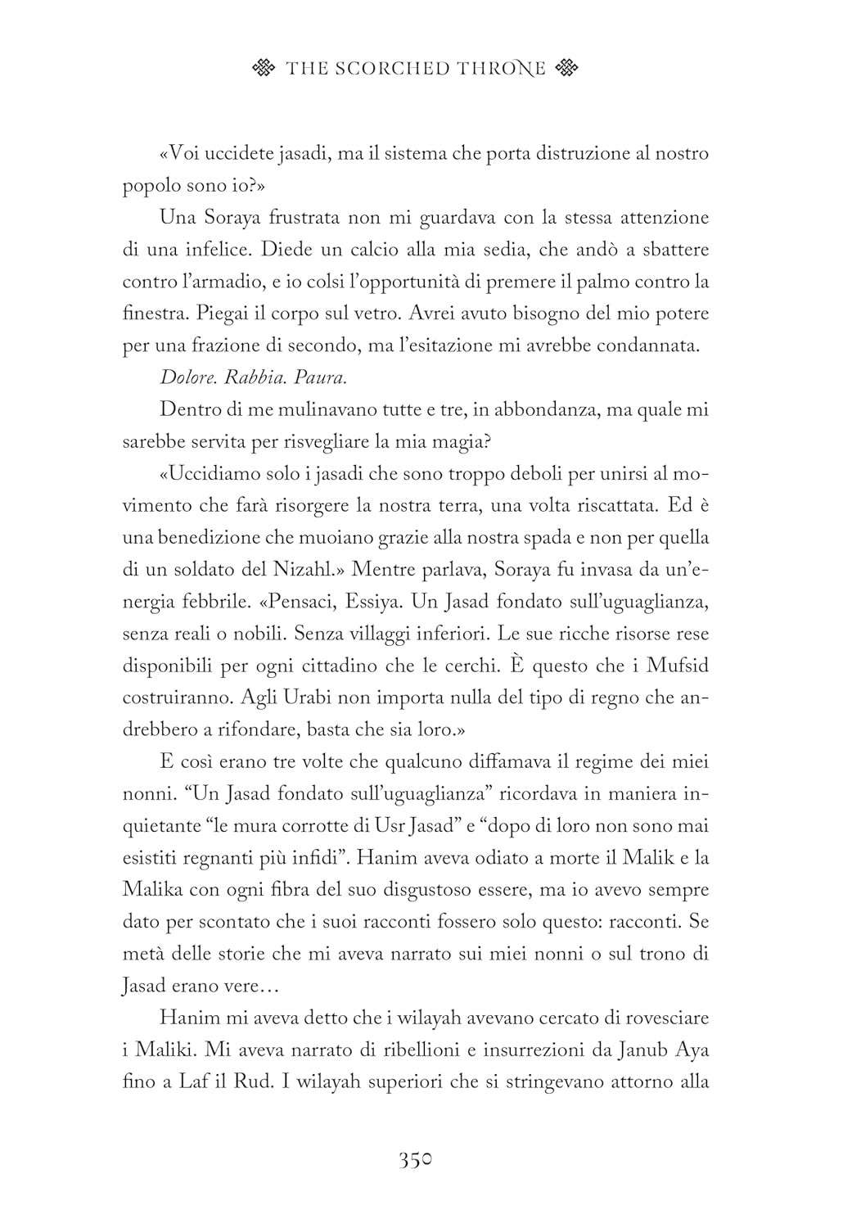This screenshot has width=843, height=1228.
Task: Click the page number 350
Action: pos(415,1161)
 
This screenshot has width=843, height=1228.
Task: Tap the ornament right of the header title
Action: pos(566,69)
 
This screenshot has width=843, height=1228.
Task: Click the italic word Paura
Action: pos(321,377)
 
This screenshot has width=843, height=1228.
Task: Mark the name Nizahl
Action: pos(308,571)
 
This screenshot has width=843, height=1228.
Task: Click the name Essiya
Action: pos(374,603)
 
